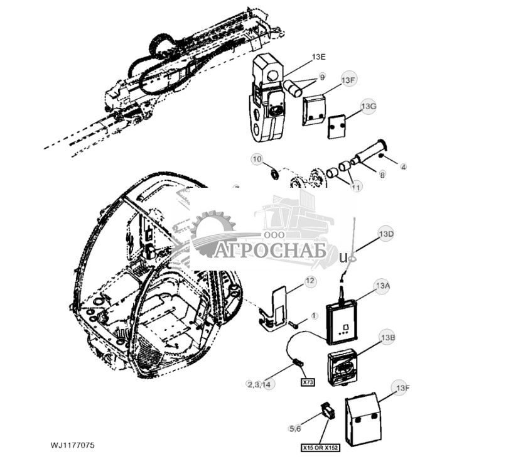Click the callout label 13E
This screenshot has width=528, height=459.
pyautogui.click(x=319, y=57)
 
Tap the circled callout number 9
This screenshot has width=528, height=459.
pyautogui.click(x=322, y=77)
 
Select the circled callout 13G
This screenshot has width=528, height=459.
pyautogui.click(x=369, y=106)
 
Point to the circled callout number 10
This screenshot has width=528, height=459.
pyautogui.click(x=257, y=159)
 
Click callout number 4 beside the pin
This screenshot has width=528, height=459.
pyautogui.click(x=403, y=167)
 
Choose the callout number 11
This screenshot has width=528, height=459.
pyautogui.click(x=356, y=187)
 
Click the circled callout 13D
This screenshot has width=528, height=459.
pyautogui.click(x=385, y=234)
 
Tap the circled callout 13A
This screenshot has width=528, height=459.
pyautogui.click(x=382, y=285)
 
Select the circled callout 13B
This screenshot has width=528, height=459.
pyautogui.click(x=387, y=338)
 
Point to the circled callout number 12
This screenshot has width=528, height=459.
pyautogui.click(x=310, y=281)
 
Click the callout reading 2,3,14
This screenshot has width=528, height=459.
pyautogui.click(x=259, y=384)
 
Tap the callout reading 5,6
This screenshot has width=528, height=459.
pyautogui.click(x=295, y=429)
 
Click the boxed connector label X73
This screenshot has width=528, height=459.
pyautogui.click(x=308, y=382)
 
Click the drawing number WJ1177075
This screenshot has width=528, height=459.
pyautogui.click(x=73, y=445)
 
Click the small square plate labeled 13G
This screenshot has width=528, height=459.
pyautogui.click(x=337, y=126)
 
